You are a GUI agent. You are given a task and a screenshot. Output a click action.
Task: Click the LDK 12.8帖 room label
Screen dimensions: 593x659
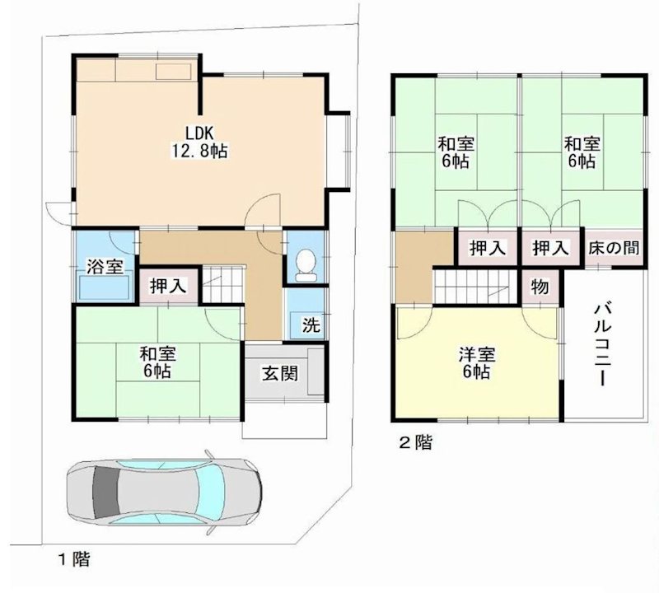(x=199, y=142)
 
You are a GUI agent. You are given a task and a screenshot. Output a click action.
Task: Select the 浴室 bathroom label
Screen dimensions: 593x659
(x=105, y=267)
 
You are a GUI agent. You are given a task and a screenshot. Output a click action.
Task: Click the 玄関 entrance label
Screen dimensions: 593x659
(x=280, y=372)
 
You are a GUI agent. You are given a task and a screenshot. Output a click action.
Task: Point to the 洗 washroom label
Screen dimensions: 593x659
(x=310, y=325)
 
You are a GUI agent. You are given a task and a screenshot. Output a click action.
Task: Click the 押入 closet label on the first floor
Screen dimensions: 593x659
(x=169, y=286)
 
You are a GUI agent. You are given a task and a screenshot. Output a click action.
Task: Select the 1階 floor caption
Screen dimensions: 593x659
(x=73, y=560)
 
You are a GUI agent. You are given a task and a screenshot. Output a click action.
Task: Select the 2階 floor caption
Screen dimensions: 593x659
(x=415, y=442)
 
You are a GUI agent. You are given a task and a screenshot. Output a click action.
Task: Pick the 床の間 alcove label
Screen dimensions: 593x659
(x=613, y=248)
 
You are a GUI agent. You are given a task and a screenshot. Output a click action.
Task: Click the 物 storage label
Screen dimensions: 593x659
(x=540, y=287)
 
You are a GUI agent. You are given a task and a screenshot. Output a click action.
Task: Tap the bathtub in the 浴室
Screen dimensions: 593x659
(x=104, y=287)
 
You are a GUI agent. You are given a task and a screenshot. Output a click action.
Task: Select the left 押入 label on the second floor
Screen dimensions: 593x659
(x=487, y=248)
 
